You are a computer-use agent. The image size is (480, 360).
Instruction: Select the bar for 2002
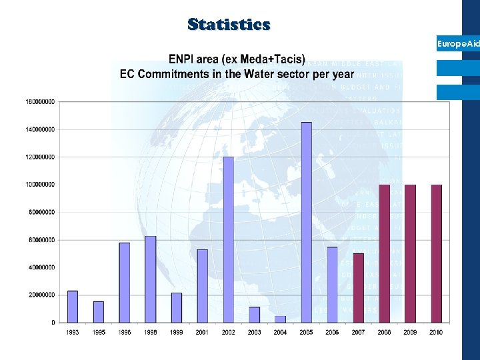[229, 239]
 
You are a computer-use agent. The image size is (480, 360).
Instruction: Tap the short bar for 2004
[281, 319]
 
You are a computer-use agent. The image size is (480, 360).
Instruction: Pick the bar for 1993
[73, 306]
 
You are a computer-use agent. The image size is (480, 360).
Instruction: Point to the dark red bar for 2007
[359, 287]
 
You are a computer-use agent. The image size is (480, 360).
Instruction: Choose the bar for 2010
[437, 253]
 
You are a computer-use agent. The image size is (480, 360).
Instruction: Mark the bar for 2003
[255, 314]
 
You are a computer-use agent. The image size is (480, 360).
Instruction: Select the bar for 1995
[99, 311]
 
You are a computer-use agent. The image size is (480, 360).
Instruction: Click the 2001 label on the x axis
[203, 332]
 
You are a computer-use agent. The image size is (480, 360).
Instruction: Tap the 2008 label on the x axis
[385, 332]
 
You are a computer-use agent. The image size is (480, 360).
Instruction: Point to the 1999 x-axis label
[177, 332]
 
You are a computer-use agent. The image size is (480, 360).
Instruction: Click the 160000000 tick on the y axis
[41, 102]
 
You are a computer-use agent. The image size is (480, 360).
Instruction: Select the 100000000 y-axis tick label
[41, 185]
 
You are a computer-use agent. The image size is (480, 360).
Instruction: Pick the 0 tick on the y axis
[53, 323]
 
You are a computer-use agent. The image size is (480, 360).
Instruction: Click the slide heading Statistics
[229, 25]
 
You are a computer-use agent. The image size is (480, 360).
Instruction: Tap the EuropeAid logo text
[458, 44]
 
